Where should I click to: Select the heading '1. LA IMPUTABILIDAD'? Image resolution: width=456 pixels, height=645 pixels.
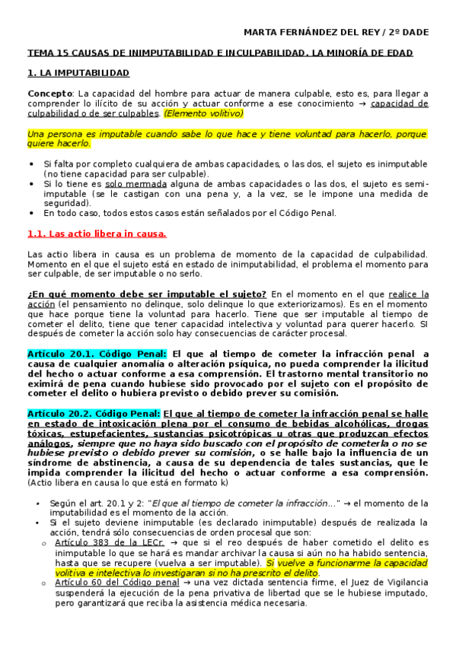tap(78, 73)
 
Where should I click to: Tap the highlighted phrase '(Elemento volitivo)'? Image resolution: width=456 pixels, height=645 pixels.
tap(203, 113)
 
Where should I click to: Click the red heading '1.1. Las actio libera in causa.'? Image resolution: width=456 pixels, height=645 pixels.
tap(96, 234)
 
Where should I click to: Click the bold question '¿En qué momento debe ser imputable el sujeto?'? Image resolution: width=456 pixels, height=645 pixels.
tap(146, 294)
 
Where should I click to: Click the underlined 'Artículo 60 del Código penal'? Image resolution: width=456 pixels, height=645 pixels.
tap(104, 582)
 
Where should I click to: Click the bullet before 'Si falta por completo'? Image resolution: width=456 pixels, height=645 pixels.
tap(31, 164)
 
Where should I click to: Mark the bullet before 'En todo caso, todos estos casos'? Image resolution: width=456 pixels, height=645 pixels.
tap(31, 214)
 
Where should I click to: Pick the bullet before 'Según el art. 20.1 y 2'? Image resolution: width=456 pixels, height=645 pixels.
tap(39, 504)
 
